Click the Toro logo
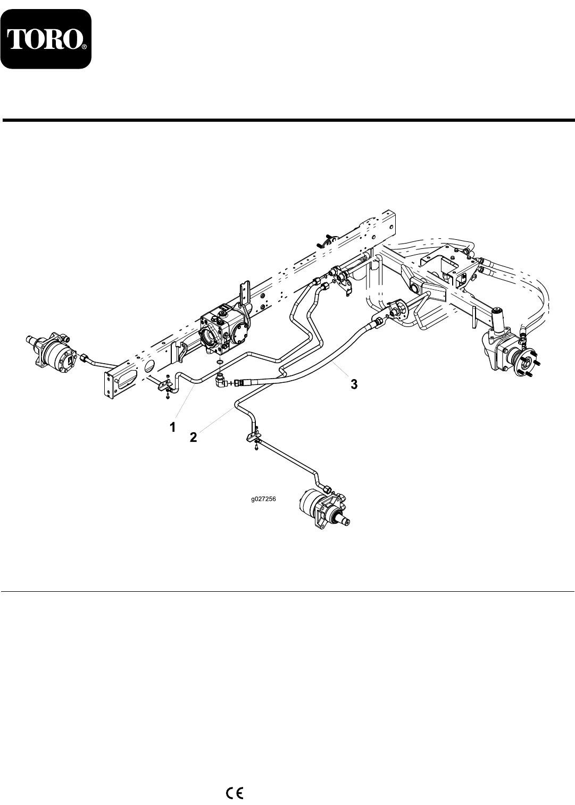[46, 38]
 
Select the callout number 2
[194, 437]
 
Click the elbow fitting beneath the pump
[220, 381]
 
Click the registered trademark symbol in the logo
[84, 47]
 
